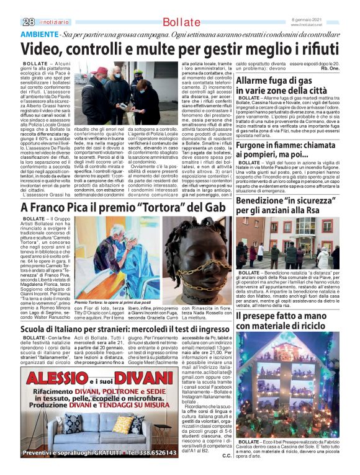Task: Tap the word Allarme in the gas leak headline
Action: point(254,81)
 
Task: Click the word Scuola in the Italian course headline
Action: point(37,329)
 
